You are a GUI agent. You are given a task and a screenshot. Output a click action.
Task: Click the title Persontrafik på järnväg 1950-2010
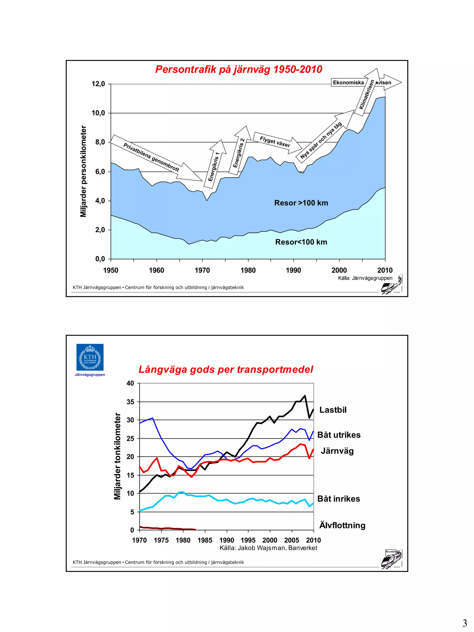[239, 69]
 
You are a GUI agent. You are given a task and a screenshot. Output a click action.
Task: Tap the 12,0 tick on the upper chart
[98, 84]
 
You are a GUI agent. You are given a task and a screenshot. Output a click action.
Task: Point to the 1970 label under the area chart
[202, 270]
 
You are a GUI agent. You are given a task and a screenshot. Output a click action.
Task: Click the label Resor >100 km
[301, 203]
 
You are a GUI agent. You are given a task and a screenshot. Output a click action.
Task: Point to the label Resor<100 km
[301, 242]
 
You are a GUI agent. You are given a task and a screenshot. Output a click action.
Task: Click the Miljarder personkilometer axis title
[83, 171]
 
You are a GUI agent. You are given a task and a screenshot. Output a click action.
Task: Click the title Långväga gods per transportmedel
[226, 369]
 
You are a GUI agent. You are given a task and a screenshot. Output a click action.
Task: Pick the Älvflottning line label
[342, 525]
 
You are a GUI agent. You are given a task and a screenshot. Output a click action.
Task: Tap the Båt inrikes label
[338, 499]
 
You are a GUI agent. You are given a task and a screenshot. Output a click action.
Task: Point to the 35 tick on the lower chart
[130, 402]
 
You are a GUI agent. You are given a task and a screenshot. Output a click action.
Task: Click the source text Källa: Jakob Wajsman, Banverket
[268, 548]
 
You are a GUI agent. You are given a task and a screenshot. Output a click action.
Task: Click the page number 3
[465, 623]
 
